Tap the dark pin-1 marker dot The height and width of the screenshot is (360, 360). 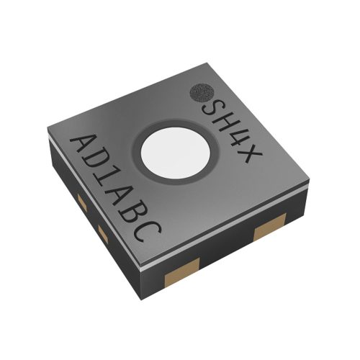(202, 93)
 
